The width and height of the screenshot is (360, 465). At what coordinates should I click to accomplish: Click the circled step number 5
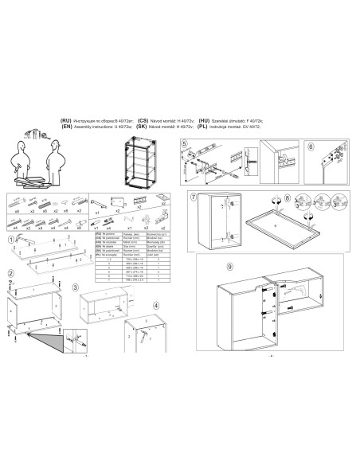click(x=184, y=144)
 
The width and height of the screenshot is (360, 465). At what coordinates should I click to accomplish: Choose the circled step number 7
click(x=194, y=196)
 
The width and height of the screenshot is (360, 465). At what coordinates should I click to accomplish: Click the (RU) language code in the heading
click(x=66, y=119)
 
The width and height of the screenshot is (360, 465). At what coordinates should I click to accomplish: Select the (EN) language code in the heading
click(x=66, y=125)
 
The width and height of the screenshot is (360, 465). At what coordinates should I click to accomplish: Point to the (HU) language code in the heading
click(x=204, y=119)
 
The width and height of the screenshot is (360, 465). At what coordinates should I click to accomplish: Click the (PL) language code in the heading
click(x=203, y=125)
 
